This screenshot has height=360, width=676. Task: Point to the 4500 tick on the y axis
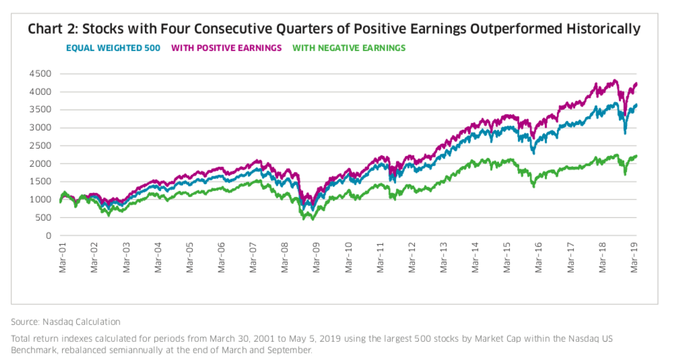coord(42,73)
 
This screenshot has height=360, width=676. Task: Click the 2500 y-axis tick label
coord(42,146)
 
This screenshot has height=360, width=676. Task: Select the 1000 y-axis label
coord(42,200)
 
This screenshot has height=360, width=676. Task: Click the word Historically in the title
coord(605,29)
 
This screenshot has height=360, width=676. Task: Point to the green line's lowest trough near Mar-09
coord(312,219)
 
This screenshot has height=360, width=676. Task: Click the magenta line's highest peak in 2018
coord(613,81)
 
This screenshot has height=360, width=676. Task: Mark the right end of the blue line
coord(636,105)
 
